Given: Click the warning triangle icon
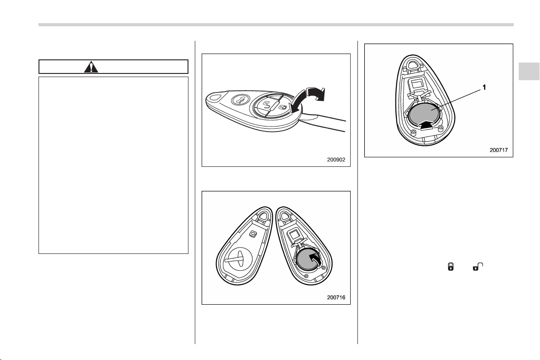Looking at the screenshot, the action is tap(91, 67).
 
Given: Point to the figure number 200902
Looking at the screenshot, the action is tap(336, 160).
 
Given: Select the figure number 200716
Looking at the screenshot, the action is tap(336, 297).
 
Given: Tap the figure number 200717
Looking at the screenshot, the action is tap(499, 150).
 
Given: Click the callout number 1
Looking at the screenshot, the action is tap(484, 88).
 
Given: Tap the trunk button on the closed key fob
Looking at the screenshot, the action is tap(239, 101).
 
